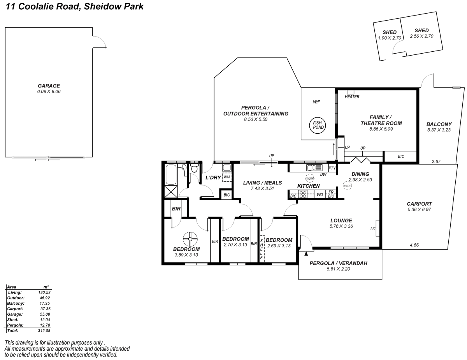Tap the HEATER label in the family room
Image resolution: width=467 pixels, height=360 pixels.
352,97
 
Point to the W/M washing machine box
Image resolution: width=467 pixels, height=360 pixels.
226,177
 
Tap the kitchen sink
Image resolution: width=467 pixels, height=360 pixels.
312,168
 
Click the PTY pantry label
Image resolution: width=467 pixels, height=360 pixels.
332,168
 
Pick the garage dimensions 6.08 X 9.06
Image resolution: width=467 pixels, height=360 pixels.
49,92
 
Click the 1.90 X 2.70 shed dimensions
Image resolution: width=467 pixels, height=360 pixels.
390,38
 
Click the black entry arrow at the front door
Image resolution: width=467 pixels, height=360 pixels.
306,254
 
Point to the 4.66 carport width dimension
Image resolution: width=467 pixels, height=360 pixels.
415,245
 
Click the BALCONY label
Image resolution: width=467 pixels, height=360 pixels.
439,124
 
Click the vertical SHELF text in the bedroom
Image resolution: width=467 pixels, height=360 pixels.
262,248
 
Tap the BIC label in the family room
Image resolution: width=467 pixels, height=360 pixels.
401,156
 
